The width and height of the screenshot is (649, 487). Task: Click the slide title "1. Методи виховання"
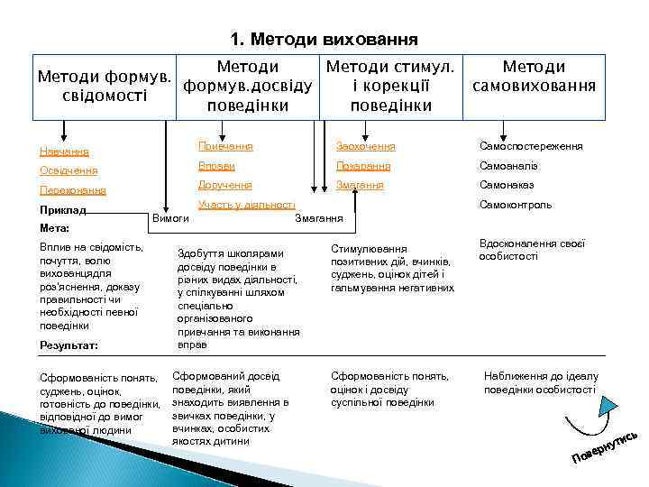coord(324,40)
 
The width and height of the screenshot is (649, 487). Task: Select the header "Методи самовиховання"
coord(534,77)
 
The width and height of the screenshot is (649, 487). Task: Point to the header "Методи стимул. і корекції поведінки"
coord(390,86)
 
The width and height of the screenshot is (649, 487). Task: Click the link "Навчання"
coord(64,151)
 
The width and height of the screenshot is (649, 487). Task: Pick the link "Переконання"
coord(73,190)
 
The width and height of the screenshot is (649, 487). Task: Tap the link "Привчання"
coord(225,146)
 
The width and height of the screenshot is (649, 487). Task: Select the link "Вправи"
coord(216,166)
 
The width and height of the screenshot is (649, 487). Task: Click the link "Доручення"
coord(224,185)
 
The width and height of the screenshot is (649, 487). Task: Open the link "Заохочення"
coord(365,146)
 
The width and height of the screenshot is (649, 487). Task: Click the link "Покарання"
coord(363,166)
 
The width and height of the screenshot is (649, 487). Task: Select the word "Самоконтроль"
coord(516,205)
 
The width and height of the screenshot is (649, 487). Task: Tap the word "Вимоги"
coord(171,217)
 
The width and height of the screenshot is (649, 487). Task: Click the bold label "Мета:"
coord(55,228)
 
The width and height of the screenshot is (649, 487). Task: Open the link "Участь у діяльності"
coord(246,205)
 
